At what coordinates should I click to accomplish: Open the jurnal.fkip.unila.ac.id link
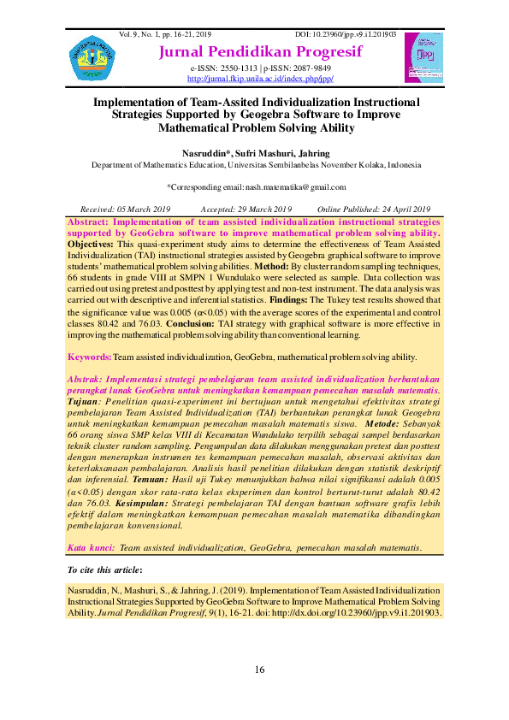coord(260,79)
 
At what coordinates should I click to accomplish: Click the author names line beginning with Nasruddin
coord(256,152)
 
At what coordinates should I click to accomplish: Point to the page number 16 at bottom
coord(260,669)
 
